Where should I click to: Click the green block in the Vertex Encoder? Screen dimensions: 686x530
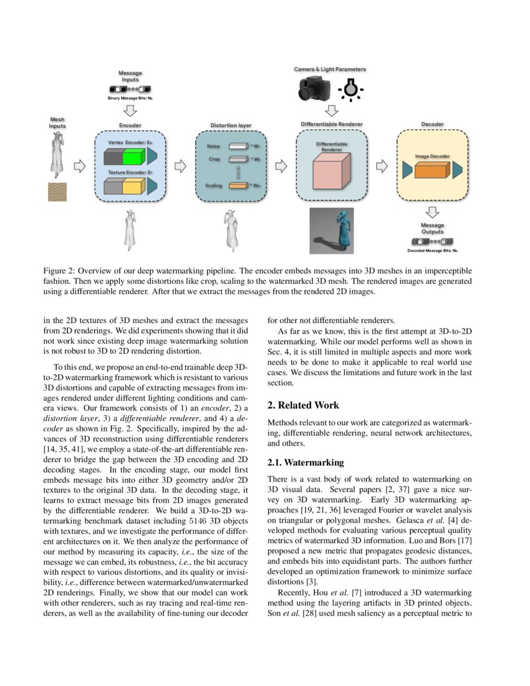pyautogui.click(x=132, y=156)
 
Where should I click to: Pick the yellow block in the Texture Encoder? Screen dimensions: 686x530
pyautogui.click(x=132, y=186)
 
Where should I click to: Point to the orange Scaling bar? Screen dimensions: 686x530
pyautogui.click(x=238, y=186)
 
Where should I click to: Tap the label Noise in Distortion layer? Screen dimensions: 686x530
pyautogui.click(x=214, y=146)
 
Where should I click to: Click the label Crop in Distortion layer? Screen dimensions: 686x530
pyautogui.click(x=214, y=159)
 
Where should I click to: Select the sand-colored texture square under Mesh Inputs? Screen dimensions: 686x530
pyautogui.click(x=57, y=191)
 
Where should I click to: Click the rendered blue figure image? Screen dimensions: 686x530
pyautogui.click(x=331, y=231)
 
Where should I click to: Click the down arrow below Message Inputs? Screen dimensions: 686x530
pyautogui.click(x=130, y=110)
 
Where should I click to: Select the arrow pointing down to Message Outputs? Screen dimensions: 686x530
pyautogui.click(x=431, y=213)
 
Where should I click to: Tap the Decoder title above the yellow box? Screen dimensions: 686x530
pyautogui.click(x=431, y=125)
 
